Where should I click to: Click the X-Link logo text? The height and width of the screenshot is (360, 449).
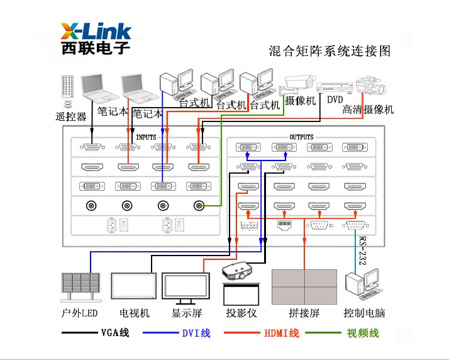click(96, 31)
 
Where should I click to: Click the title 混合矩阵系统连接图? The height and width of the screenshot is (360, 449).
click(330, 51)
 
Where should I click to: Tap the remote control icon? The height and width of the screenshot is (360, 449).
click(67, 91)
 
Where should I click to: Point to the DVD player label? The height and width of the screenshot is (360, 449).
click(335, 99)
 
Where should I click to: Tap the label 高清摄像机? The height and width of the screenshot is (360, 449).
click(368, 110)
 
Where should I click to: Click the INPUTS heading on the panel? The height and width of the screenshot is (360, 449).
click(146, 137)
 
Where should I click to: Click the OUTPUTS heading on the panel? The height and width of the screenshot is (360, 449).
click(301, 137)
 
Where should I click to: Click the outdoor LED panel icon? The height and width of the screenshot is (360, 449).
click(80, 288)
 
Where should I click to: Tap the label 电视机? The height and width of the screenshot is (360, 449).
click(135, 313)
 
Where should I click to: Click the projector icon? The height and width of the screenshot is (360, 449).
click(238, 272)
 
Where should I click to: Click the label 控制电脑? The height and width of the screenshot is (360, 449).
click(364, 313)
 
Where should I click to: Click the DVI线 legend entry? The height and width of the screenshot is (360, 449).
click(196, 332)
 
